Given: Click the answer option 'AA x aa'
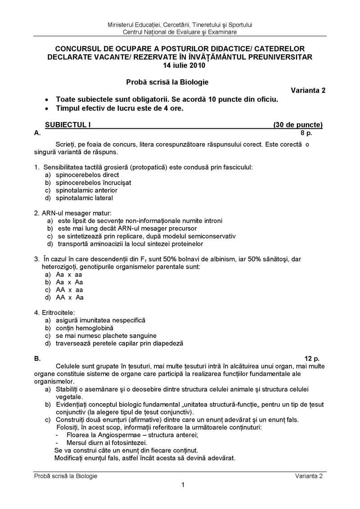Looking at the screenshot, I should click(x=69, y=290).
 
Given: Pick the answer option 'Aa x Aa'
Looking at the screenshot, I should click(x=70, y=282).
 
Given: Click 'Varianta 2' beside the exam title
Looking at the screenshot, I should click(x=308, y=90).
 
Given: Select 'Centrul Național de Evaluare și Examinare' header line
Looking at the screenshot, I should click(x=180, y=32).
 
